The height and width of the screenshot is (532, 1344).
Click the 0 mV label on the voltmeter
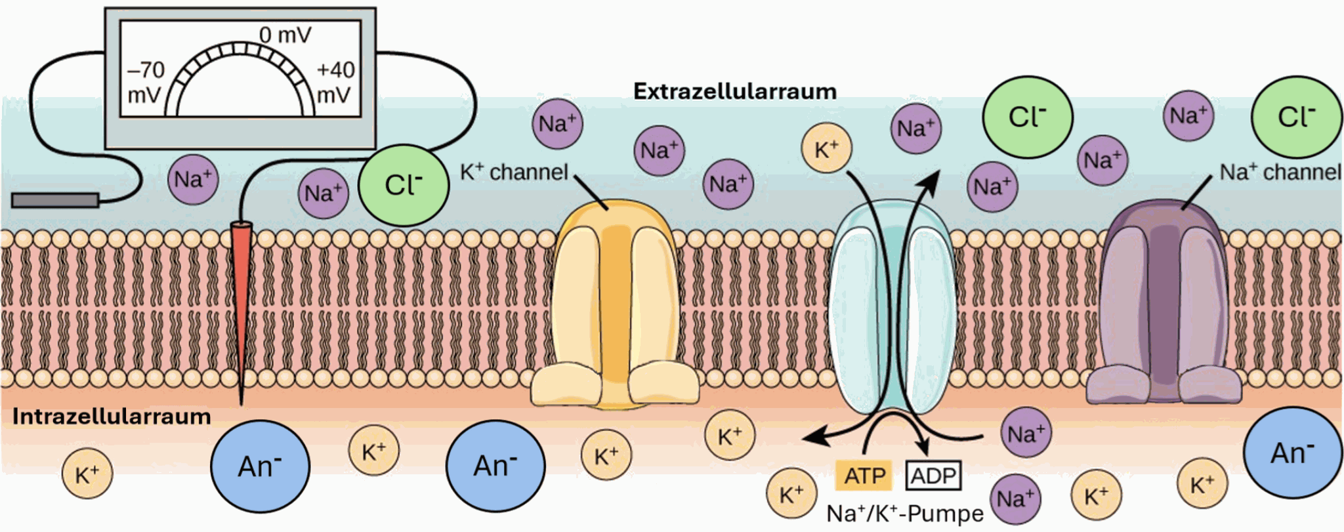coord(285,35)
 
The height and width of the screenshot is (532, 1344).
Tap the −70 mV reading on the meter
coord(146,82)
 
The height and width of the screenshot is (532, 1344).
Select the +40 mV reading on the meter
coord(335,82)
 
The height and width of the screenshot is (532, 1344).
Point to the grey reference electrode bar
coord(55,200)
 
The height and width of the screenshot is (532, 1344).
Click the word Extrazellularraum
coord(734,92)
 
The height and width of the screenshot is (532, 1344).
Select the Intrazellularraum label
coord(112,417)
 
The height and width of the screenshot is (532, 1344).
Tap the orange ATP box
coord(864,476)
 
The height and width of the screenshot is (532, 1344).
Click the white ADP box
coord(933,476)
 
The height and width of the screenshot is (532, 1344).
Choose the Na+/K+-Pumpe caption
coord(904,514)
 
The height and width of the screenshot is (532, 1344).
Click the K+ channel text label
coord(514,172)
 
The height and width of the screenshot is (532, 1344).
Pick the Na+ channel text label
coord(1280,172)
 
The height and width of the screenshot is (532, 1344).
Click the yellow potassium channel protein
coord(615,302)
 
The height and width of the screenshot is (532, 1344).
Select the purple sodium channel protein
coord(1163,302)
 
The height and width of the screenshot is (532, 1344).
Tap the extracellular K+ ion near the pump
coord(826,149)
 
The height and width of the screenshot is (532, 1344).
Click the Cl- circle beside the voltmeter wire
coord(403,185)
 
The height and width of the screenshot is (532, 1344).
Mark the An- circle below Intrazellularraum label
coord(260,466)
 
